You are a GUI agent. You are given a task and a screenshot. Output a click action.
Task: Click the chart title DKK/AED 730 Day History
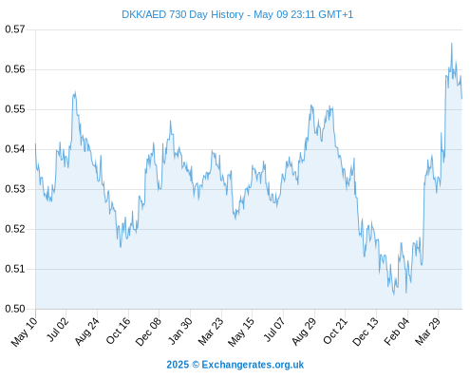coord(182,14)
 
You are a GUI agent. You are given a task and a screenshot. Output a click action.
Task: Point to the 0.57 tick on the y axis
coord(15,29)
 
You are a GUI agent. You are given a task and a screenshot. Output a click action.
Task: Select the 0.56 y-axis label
coord(15,69)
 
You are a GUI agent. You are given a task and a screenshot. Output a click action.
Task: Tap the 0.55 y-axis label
coord(15,109)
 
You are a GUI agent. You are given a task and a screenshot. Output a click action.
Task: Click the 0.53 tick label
coord(15,189)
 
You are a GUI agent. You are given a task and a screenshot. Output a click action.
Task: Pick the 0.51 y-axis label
coord(15,269)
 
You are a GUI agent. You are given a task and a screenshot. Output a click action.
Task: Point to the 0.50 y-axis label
coord(15,309)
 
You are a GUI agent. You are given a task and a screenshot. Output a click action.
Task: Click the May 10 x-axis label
coord(24,332)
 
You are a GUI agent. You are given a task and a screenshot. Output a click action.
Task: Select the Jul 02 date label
coord(57,330)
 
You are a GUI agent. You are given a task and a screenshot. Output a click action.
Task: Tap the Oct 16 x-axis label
coord(118,331)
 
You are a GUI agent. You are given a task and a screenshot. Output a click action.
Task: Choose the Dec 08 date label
coord(148,332)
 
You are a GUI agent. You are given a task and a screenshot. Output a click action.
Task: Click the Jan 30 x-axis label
coord(179,331)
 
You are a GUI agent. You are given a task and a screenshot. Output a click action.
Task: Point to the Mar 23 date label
coord(211,332)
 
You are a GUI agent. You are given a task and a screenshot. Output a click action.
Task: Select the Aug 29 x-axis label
coord(304,332)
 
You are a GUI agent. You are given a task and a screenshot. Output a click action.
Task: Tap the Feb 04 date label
coord(397,332)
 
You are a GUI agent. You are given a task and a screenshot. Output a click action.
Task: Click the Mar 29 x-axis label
coord(428,332)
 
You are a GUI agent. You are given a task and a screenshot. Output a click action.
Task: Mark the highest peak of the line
coord(452,44)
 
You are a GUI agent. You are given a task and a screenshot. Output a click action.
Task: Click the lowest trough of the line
coord(394,294)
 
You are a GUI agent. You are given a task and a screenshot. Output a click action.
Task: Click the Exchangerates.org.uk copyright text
coord(253,365)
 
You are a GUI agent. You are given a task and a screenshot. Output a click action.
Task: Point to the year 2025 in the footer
coord(178,365)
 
